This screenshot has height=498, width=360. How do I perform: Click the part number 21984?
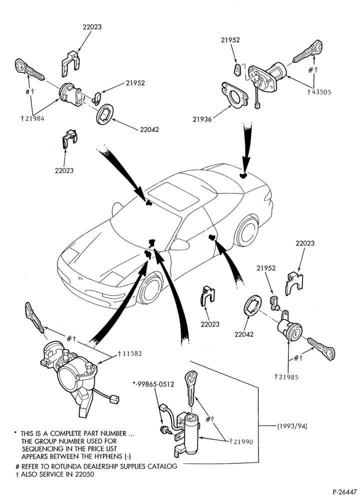(34, 118)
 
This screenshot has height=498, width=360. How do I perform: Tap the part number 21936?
(202, 119)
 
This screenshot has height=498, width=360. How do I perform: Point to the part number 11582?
(131, 353)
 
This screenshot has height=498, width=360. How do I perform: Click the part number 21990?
(243, 441)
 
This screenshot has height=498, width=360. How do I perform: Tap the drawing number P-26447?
(344, 491)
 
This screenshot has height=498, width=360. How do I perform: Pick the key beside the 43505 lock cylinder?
(307, 52)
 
